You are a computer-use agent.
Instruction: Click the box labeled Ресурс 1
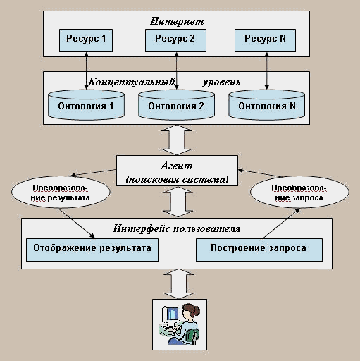tap(86, 40)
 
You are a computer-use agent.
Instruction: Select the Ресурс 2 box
tap(175, 40)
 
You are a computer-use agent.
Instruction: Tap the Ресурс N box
tap(265, 40)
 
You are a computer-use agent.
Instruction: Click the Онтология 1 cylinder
tap(86, 105)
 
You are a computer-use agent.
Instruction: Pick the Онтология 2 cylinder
tap(176, 105)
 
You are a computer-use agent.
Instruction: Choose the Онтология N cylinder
tap(267, 105)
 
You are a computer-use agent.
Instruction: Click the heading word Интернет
tap(177, 21)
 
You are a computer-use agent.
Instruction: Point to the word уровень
tap(221, 82)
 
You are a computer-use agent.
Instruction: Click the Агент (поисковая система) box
tap(177, 171)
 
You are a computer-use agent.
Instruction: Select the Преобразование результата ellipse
tap(61, 192)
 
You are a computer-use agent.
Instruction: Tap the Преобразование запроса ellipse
tap(299, 192)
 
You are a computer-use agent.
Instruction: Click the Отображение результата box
tap(92, 250)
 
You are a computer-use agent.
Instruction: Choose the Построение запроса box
tap(259, 250)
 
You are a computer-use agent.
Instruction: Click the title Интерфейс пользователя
tap(177, 228)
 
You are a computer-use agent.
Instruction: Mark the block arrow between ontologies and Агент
tap(177, 140)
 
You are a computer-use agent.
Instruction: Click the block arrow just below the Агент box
tap(178, 202)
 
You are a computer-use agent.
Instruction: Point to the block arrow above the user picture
tap(179, 284)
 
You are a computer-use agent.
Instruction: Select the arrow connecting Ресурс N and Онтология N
tap(266, 71)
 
